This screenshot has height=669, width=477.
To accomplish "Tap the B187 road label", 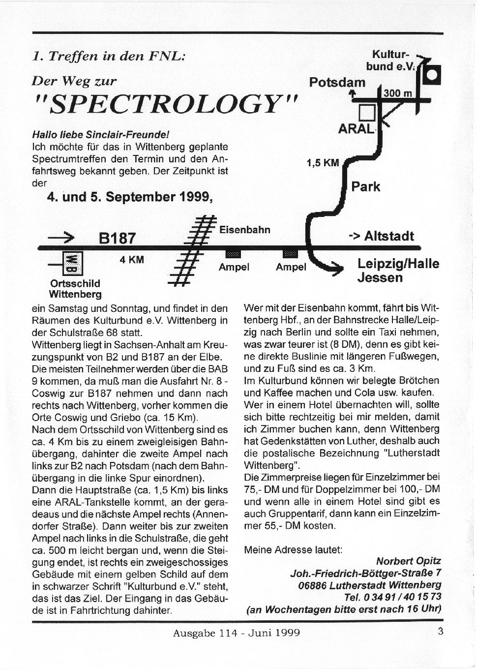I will coord(117,239).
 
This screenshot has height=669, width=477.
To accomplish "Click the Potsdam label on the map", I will coord(337,82).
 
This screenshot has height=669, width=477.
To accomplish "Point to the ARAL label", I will coord(356,129).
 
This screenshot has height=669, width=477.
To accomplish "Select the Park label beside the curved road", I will coord(365,187).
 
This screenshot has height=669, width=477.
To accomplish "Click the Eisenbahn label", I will coord(244,230).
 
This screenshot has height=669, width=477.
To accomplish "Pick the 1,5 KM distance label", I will coord(323,162).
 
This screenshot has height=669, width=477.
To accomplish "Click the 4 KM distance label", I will coord(132,260).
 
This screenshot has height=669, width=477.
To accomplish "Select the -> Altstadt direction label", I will coord(381,236).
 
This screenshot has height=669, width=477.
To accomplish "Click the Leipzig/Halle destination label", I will coord(398,264).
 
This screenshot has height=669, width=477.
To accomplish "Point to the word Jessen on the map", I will coord(380,278).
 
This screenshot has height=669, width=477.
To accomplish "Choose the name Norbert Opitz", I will coord(409,561).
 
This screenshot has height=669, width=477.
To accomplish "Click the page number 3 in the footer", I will coord(441,631).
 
